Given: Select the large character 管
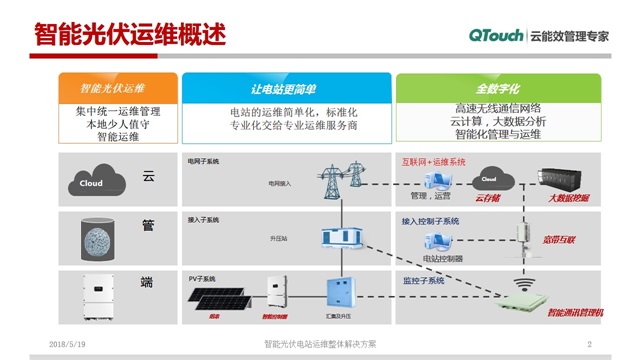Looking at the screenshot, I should click(x=148, y=226).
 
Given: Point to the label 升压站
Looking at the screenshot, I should click(x=279, y=239).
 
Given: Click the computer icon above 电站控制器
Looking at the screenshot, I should click(x=436, y=240).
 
